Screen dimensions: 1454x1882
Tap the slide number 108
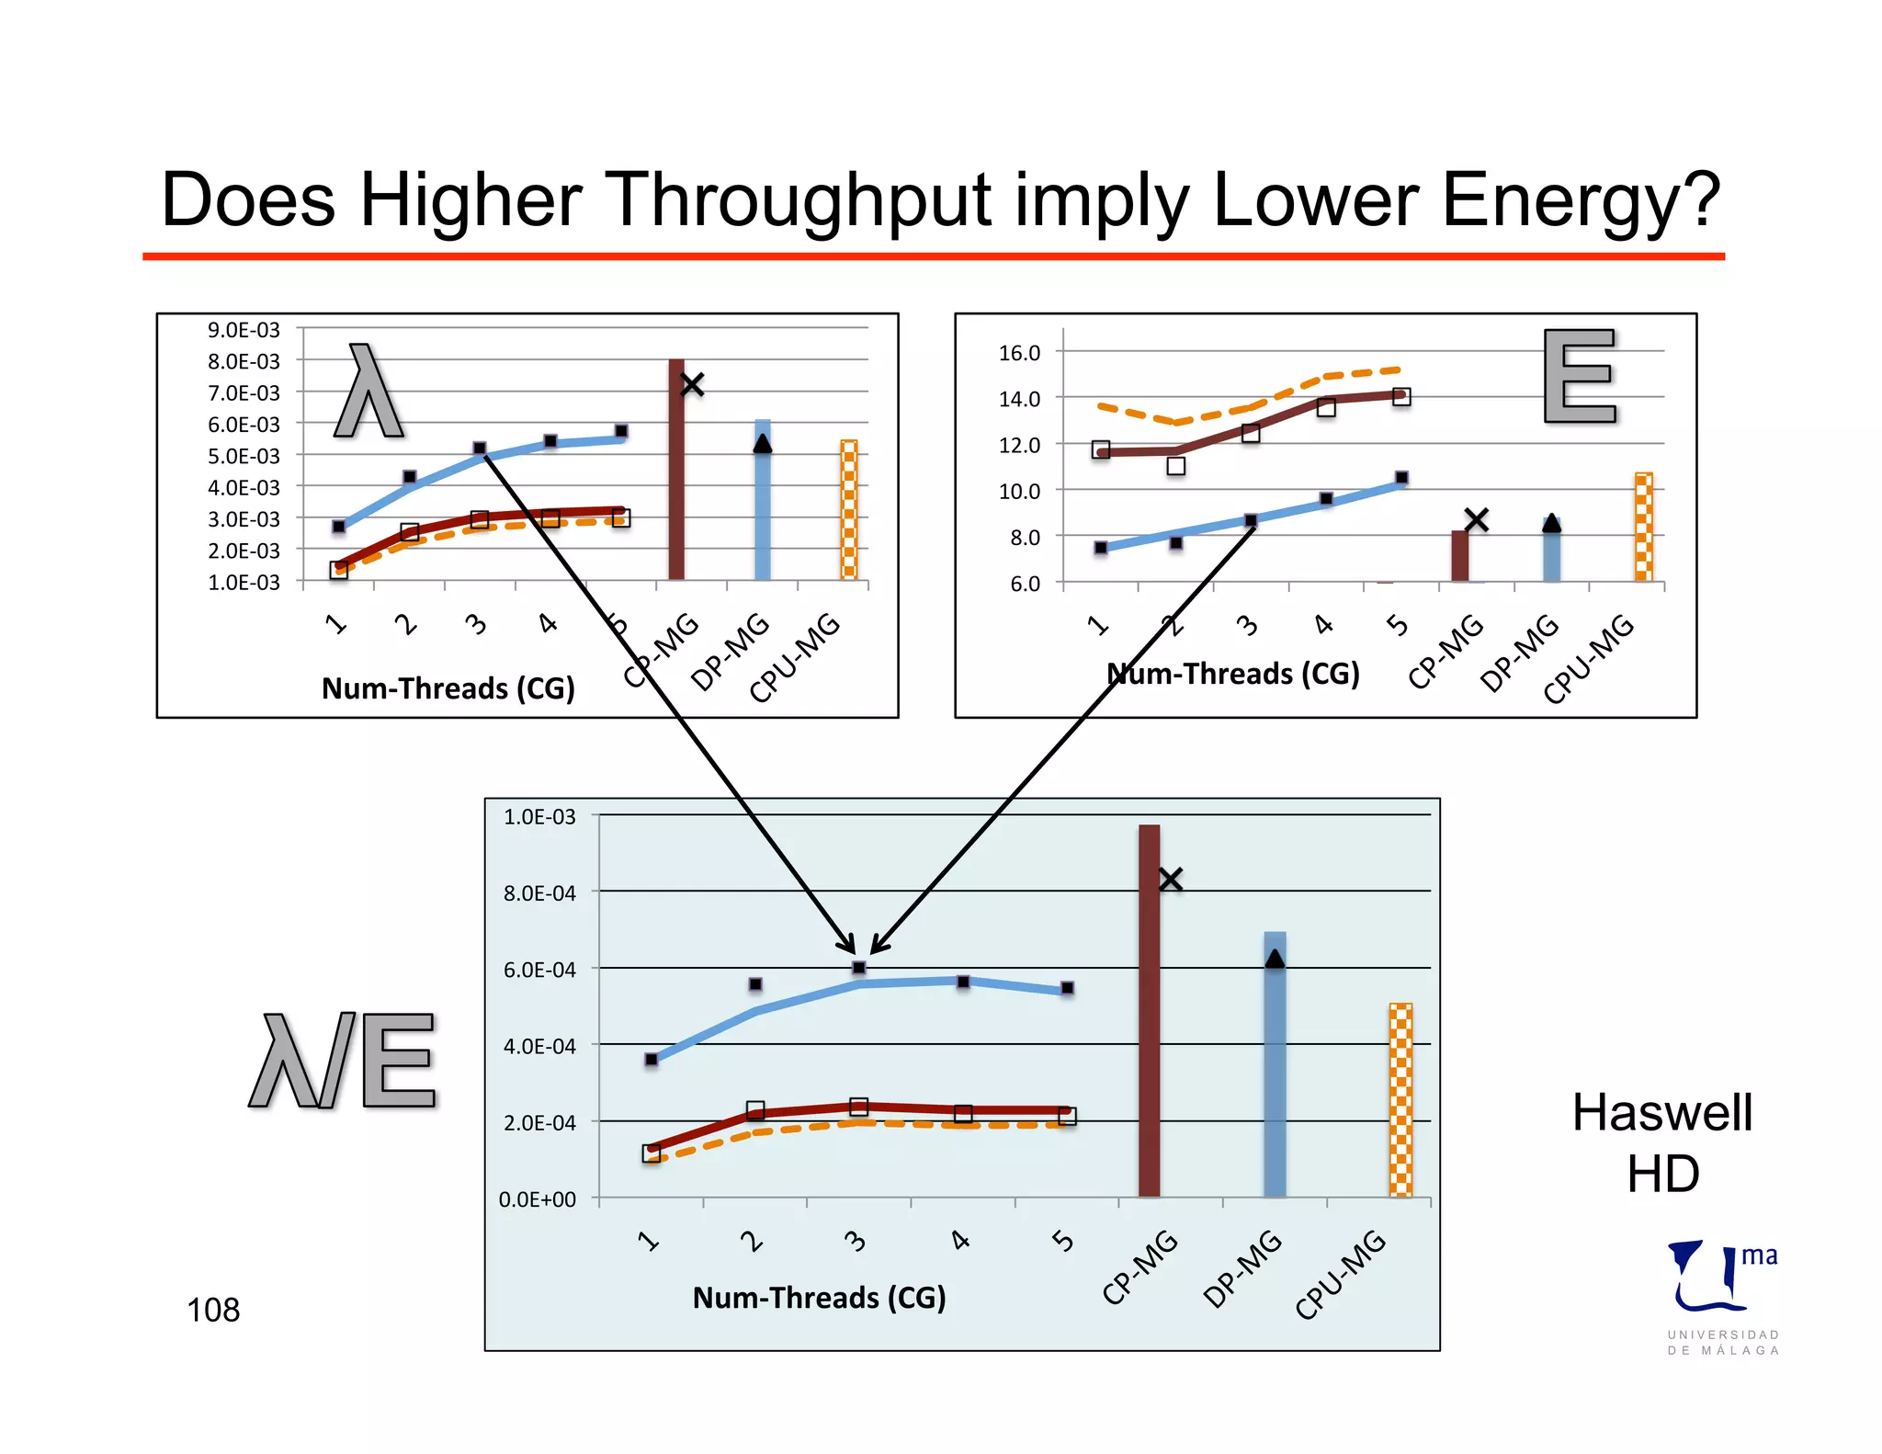[212, 1310]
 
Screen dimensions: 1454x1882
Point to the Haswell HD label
[1662, 1143]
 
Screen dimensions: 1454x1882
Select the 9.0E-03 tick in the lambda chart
[244, 330]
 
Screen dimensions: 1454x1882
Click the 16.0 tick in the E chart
[1019, 353]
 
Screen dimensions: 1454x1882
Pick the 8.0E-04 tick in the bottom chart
[539, 893]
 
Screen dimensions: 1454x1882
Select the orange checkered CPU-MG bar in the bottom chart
[1400, 1103]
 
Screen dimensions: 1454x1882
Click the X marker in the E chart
[1476, 520]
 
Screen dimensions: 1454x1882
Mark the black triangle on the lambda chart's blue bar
[762, 444]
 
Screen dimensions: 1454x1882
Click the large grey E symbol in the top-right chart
[1580, 376]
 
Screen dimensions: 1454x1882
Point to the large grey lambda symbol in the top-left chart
[368, 392]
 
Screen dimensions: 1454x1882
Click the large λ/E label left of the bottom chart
[343, 1061]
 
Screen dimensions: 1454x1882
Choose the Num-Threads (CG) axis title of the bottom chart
[819, 1298]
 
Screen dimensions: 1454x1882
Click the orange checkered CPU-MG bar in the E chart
[1643, 528]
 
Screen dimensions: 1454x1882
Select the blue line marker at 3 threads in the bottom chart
[858, 968]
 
